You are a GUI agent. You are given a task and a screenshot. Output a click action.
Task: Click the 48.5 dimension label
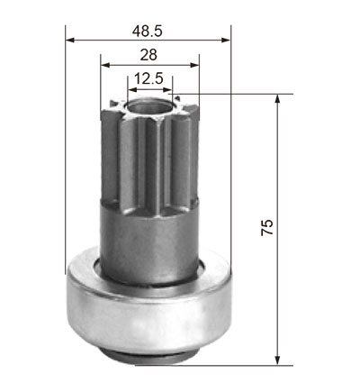coord(147,31)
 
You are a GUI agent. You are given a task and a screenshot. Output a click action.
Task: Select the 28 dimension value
coord(148,55)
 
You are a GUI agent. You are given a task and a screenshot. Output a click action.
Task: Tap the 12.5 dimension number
coord(148,78)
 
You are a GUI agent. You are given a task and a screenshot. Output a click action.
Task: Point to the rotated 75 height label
coord(267,227)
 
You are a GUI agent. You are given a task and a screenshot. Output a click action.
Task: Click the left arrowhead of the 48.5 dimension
coord(70,40)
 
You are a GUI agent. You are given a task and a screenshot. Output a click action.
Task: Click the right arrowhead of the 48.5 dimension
coord(226,40)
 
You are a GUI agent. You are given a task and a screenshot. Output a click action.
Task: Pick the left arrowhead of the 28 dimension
coord(105,65)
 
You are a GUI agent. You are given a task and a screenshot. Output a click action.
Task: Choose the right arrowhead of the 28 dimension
coord(194,65)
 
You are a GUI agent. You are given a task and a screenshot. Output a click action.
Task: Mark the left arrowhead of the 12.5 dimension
coord(132,89)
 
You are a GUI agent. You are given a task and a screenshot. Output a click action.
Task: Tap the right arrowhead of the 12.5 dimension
coord(167,89)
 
